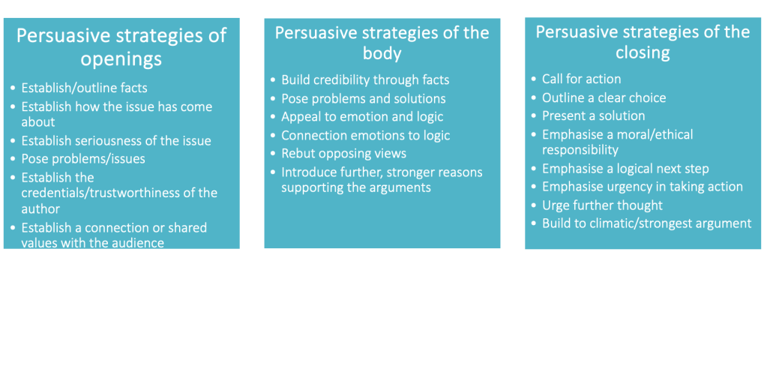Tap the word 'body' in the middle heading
coord(382,54)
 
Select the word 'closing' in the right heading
coord(643,53)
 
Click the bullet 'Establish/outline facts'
coord(84,88)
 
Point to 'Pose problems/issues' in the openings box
coord(83,159)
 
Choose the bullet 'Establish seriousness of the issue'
coord(116,141)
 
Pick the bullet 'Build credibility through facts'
coord(365,80)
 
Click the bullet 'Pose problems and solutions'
coord(364,99)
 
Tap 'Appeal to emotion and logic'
coord(362,117)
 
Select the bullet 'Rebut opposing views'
coord(343,154)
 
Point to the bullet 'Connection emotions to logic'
coord(366,136)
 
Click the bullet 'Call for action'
coord(582,79)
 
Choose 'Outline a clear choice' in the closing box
coord(604,98)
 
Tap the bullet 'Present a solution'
coord(593,116)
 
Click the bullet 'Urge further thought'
coord(602,205)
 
